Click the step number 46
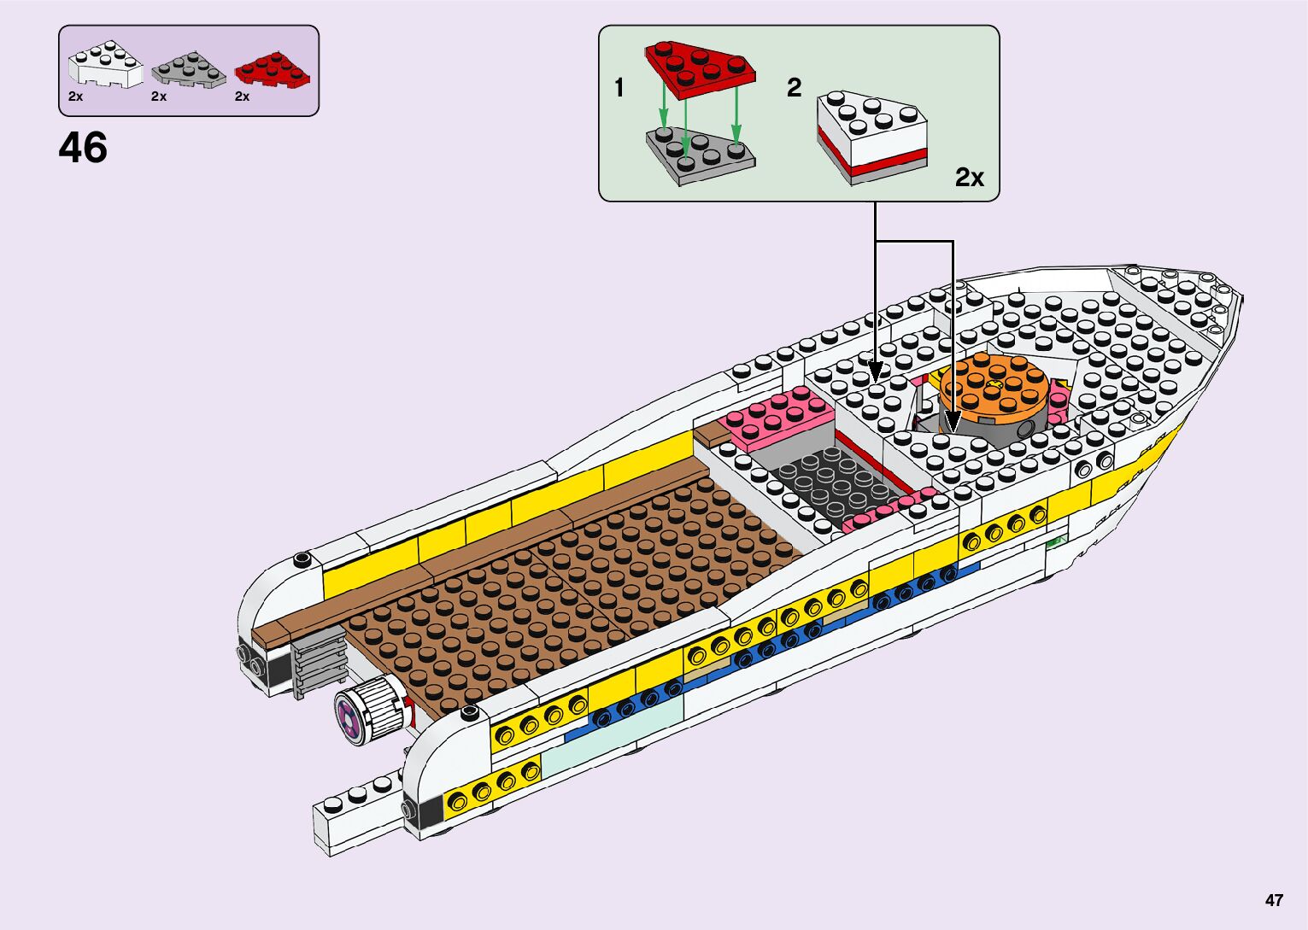tap(83, 148)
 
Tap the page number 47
tap(1274, 900)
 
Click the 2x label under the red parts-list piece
tap(242, 97)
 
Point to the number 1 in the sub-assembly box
tap(619, 87)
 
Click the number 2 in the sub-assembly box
tap(795, 87)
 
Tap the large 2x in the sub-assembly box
tap(970, 177)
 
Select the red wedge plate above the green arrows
tap(700, 68)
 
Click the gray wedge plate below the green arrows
tap(700, 155)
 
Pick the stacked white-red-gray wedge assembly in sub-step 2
tap(871, 137)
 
